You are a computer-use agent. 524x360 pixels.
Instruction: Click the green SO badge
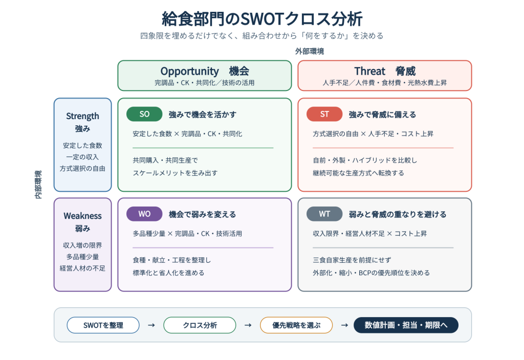coord(144,114)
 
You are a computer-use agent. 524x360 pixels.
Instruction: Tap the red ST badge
coord(324,114)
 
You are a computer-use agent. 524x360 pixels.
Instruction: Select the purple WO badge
coord(144,214)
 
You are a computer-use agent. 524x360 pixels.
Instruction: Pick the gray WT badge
coord(324,214)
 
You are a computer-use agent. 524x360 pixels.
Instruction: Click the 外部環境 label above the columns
coord(310,52)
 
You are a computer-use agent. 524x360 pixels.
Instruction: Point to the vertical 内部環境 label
coord(38,184)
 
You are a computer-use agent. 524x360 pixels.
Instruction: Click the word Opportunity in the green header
coord(189,72)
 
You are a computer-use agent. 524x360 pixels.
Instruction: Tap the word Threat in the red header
coord(369,71)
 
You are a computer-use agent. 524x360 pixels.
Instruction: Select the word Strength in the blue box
coord(82,116)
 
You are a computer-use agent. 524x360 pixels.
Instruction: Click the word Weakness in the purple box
coord(82,216)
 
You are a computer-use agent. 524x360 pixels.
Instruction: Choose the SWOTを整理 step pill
coord(103,325)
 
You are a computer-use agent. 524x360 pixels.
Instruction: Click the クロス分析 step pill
coord(200,325)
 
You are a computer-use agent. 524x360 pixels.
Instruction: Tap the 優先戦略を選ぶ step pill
coord(296,325)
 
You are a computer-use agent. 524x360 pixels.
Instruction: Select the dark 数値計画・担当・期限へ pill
coord(406,325)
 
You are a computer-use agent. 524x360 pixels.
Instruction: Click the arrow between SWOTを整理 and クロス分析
coord(151,325)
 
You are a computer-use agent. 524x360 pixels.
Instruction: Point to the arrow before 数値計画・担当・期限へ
coord(344,325)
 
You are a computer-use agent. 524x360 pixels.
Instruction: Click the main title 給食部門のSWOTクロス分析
coord(263,19)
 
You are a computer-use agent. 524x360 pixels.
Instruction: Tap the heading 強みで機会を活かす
coord(203,115)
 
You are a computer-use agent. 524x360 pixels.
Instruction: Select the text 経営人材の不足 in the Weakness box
coord(82,268)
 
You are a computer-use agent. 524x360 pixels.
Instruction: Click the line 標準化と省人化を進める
coord(168,273)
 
